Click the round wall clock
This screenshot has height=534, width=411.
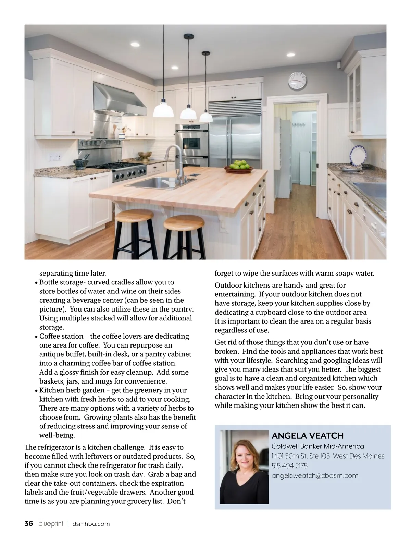(x=297, y=81)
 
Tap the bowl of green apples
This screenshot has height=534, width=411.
(x=239, y=167)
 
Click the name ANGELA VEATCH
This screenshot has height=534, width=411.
(x=307, y=436)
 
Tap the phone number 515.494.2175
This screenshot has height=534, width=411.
(x=289, y=466)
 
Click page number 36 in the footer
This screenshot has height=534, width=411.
(x=29, y=523)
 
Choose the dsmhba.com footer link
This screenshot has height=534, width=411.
(x=91, y=524)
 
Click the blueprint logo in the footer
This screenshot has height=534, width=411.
(x=51, y=523)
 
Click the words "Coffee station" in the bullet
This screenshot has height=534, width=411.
(x=61, y=336)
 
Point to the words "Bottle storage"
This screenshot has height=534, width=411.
(x=60, y=282)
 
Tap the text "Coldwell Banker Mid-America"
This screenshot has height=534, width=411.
(x=317, y=446)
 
